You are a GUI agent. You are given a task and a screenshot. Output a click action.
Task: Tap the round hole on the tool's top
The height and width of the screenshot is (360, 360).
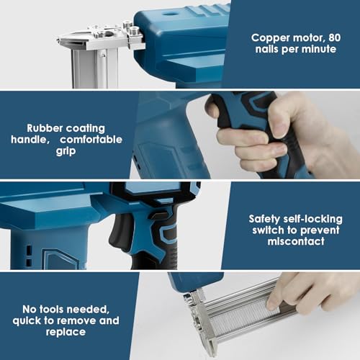click(x=170, y=12)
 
